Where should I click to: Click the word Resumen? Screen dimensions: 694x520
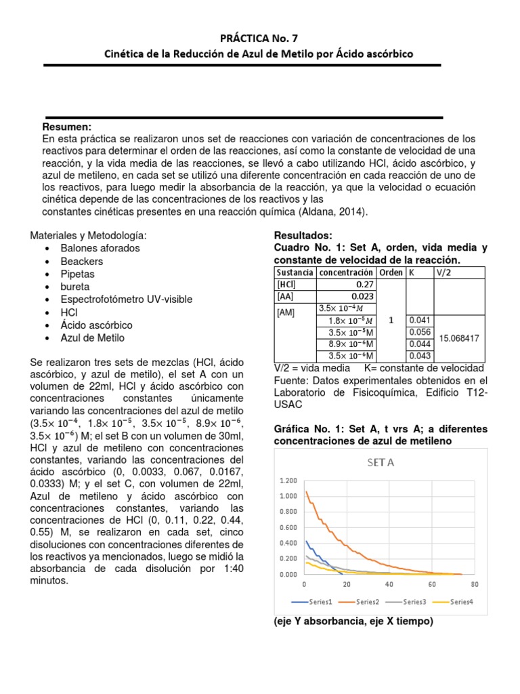point(67,127)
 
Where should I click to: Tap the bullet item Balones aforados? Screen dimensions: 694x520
point(100,248)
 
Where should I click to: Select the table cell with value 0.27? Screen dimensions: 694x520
point(363,285)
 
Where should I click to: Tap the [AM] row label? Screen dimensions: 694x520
point(287,314)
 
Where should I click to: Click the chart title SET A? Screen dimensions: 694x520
point(381,463)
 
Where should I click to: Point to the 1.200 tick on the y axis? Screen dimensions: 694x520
point(288,481)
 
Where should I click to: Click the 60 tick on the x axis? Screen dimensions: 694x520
point(431,584)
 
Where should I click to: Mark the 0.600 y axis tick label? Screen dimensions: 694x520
point(288,527)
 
